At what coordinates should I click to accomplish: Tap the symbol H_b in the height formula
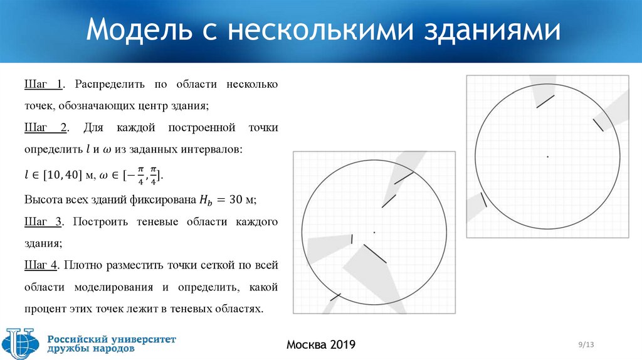206,201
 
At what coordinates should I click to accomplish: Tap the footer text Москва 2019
320,344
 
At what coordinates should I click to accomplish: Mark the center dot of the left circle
374,233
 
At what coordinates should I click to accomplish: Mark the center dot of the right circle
548,156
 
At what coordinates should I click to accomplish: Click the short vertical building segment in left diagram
352,239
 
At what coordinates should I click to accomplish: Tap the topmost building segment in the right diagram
545,101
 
